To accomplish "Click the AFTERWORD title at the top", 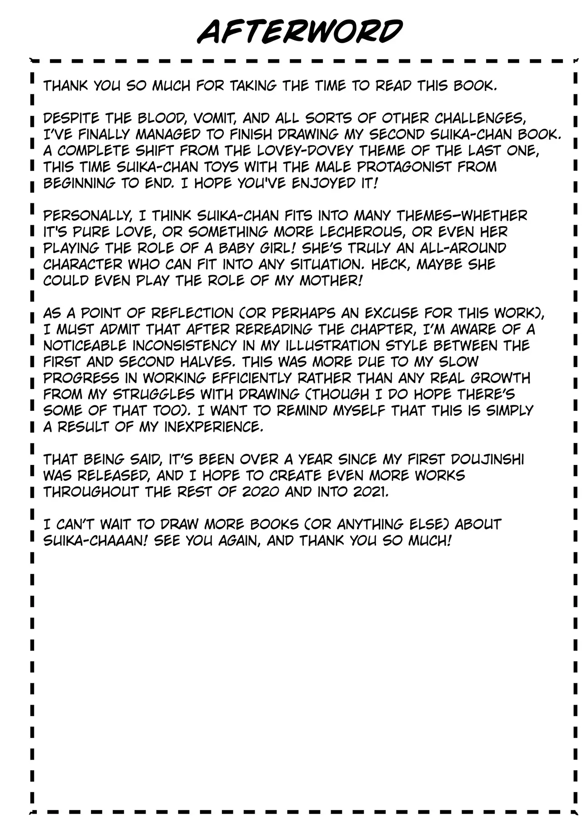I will click(x=300, y=32).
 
